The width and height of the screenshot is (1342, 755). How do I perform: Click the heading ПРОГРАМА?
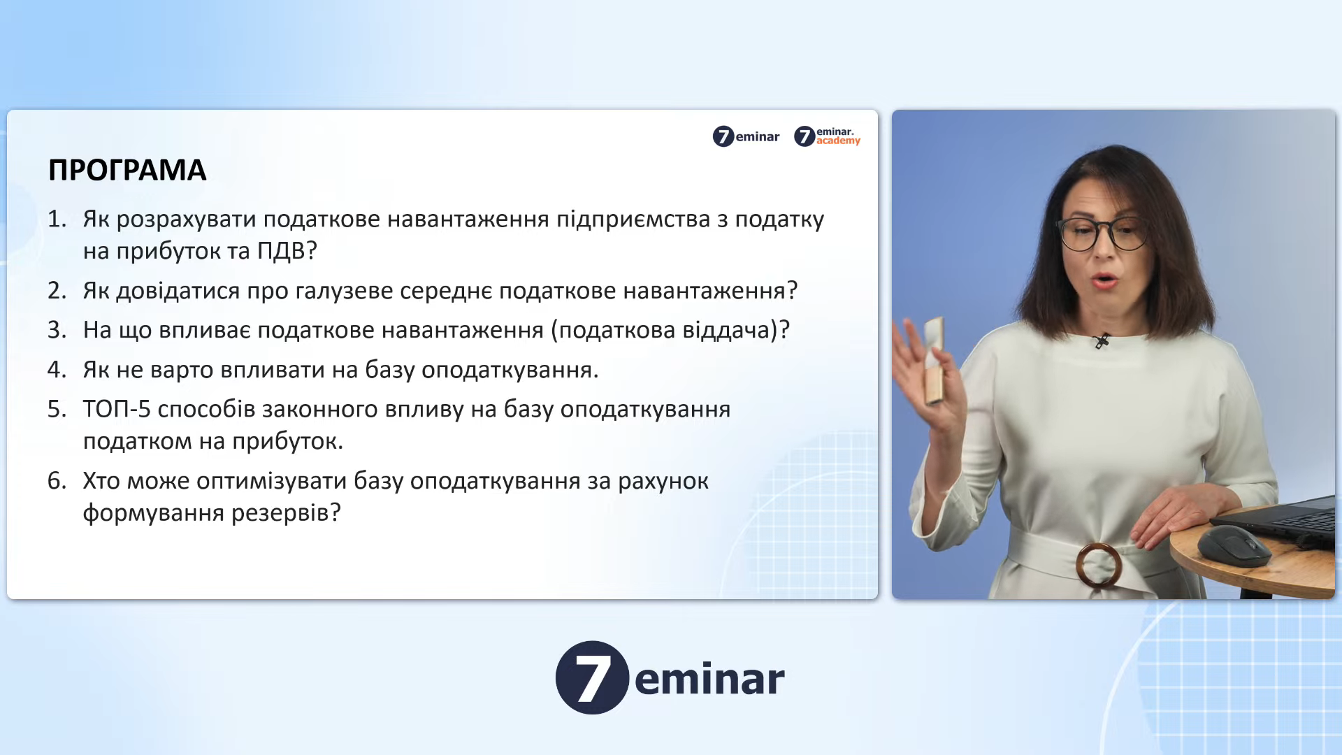pos(127,170)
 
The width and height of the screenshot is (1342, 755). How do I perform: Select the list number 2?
pos(57,290)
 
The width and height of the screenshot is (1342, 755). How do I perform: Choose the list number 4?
pos(57,369)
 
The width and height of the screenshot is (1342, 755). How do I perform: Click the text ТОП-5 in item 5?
pos(117,409)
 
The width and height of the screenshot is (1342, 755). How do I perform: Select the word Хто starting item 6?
pos(101,481)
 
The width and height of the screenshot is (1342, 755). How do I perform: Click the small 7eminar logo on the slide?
pos(746,136)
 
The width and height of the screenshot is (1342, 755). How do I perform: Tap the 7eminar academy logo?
pos(827,136)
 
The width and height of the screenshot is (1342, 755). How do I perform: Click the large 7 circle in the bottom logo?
pos(592,677)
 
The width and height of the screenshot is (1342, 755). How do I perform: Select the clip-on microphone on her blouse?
pos(1102,341)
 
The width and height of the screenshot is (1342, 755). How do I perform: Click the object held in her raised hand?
pos(934,361)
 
